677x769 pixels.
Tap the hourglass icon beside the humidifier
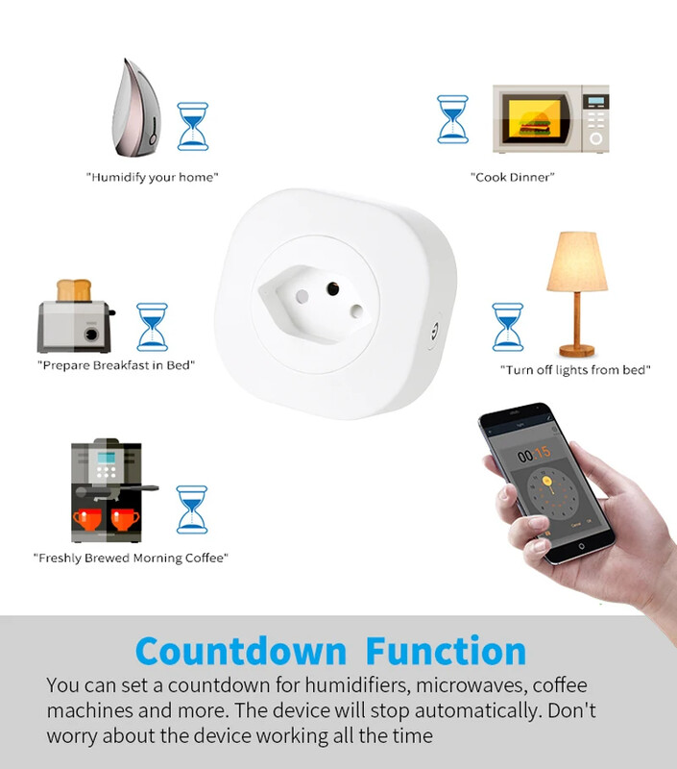tap(193, 126)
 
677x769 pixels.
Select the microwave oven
tap(550, 118)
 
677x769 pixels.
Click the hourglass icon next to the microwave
tap(451, 119)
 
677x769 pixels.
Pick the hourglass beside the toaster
tap(152, 326)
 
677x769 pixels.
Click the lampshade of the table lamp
tap(576, 260)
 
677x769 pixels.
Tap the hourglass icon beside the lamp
tap(508, 327)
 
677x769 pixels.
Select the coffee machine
tap(107, 491)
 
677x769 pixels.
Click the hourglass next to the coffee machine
tap(192, 509)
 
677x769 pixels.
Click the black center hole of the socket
tap(333, 286)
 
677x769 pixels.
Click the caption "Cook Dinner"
tap(513, 177)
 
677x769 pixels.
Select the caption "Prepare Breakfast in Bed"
tap(116, 365)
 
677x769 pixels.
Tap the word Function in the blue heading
tap(446, 651)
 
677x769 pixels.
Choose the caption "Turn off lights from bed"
tap(575, 370)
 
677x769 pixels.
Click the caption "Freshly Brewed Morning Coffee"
tap(131, 558)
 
